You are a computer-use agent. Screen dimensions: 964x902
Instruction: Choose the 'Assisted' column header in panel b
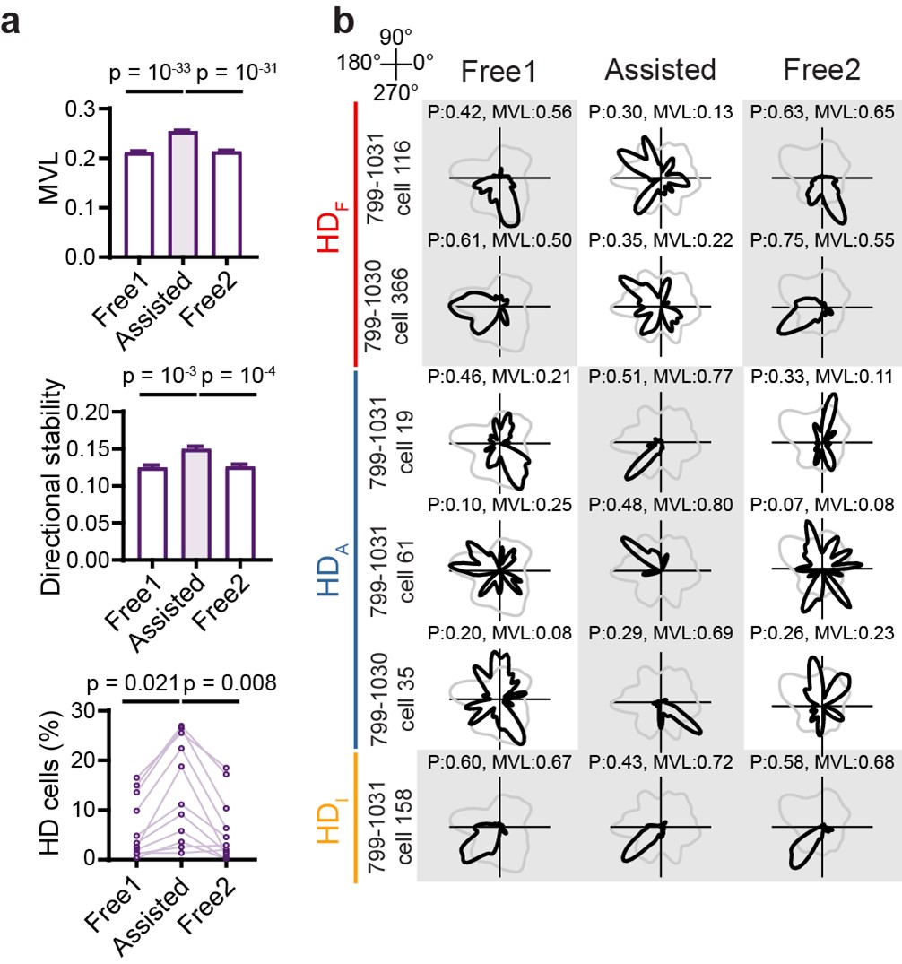pyautogui.click(x=660, y=70)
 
